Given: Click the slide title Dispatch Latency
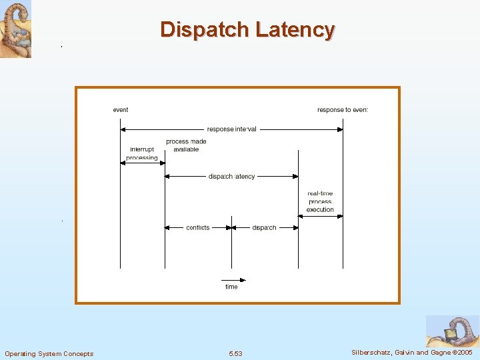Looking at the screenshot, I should (247, 30).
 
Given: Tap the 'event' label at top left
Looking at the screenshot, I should (121, 110).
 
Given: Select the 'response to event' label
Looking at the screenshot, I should (342, 110).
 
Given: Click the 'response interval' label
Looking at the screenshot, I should (231, 129).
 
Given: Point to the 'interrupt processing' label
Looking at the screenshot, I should (142, 153).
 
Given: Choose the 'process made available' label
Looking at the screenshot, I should (186, 145).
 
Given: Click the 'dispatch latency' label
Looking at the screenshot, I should (231, 177).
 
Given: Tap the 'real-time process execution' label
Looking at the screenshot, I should (320, 201).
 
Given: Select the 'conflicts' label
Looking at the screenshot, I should (198, 227).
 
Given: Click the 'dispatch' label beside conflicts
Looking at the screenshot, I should (264, 227).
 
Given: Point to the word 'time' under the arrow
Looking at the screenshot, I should (231, 287).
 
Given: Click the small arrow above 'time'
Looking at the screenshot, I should (233, 279).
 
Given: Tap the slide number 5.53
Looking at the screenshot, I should (235, 353).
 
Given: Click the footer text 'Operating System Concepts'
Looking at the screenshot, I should (49, 353).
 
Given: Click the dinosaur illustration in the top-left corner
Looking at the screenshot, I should (15, 29).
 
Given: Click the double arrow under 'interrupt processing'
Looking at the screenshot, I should (142, 163).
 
